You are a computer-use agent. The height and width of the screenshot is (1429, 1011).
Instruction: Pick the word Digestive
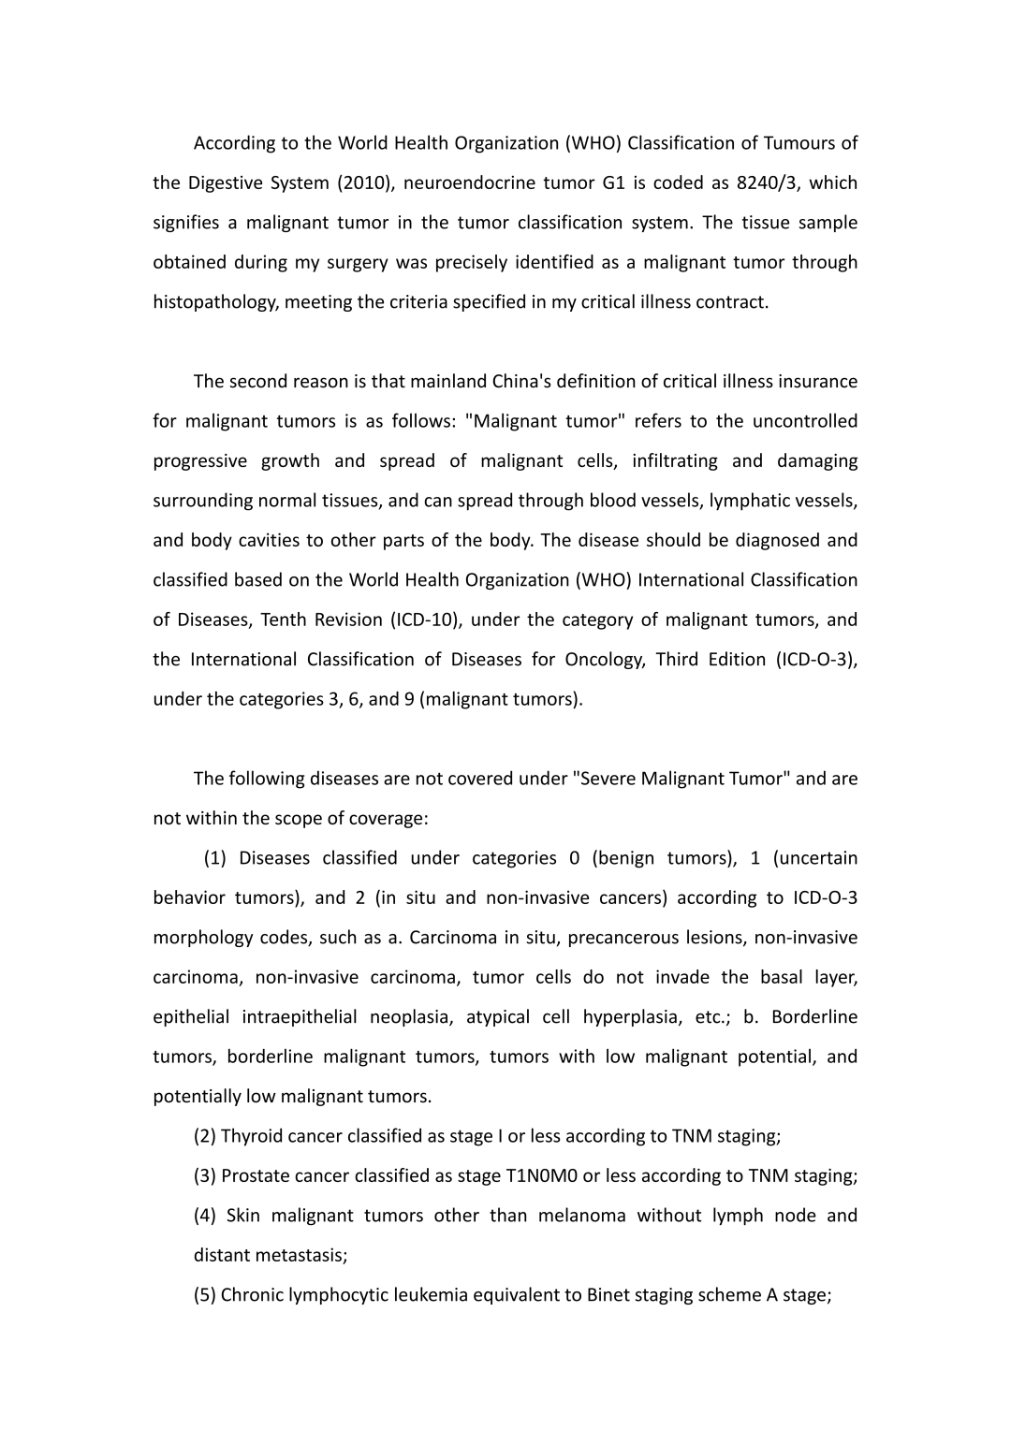(224, 182)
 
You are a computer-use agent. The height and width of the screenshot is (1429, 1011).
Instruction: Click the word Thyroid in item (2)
(251, 1136)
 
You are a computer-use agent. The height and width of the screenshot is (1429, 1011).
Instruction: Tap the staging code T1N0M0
(540, 1176)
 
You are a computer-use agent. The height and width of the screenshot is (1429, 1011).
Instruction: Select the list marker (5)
(205, 1295)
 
